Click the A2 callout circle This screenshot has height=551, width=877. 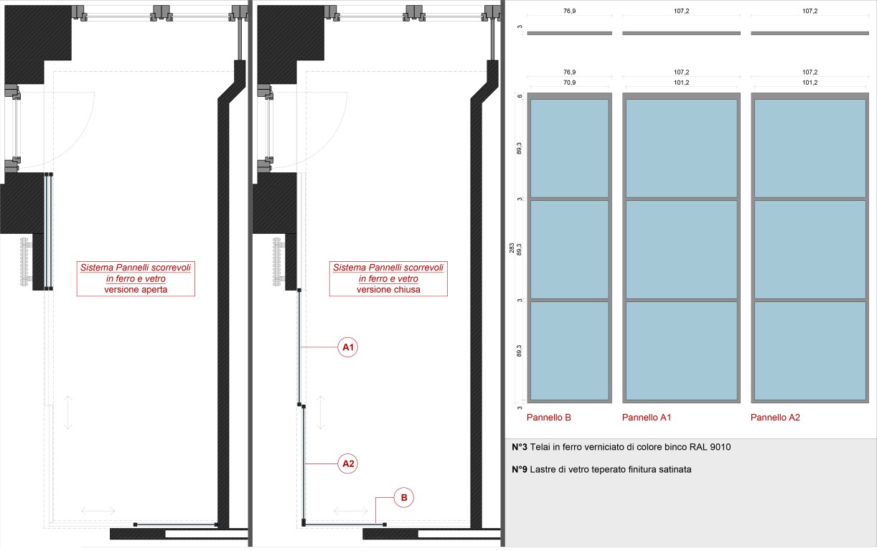tap(347, 463)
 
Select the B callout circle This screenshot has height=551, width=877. tap(403, 497)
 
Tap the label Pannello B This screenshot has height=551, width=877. tap(548, 418)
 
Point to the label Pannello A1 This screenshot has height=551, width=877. tap(647, 418)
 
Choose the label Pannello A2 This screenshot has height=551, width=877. tap(775, 418)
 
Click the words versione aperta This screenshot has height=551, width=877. tap(136, 290)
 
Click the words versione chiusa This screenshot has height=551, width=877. tap(388, 290)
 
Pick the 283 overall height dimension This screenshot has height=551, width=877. tap(512, 248)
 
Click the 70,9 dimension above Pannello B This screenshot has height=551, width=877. tap(569, 83)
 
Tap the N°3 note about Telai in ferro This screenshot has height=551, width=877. tap(621, 447)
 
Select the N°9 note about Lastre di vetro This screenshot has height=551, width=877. tap(601, 469)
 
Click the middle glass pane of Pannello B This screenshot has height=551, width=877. tap(569, 250)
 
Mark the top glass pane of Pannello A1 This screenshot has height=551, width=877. tap(681, 149)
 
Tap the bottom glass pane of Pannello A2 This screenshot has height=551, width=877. tap(810, 351)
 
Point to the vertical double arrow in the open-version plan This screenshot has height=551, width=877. tap(67, 413)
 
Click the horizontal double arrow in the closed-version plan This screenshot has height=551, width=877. tap(351, 511)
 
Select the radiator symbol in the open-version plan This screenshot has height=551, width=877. tap(25, 261)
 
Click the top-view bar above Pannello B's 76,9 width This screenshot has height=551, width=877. tap(569, 33)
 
